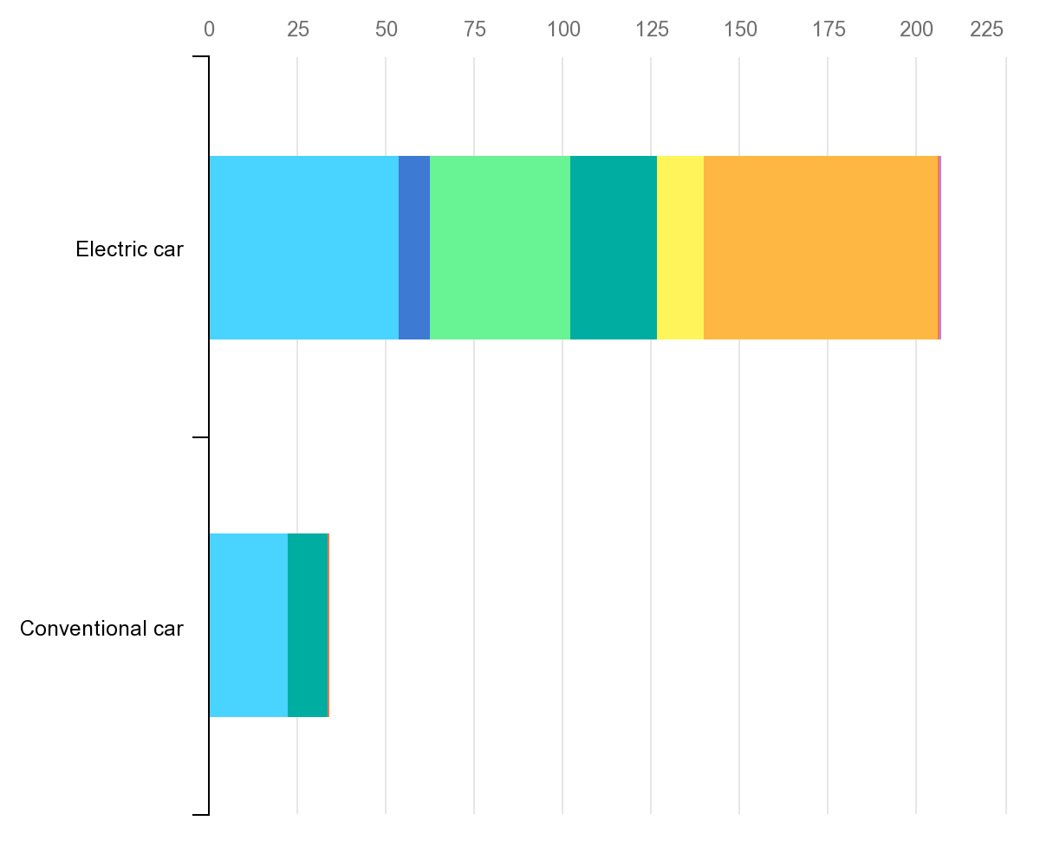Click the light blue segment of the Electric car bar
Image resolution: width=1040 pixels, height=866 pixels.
(303, 248)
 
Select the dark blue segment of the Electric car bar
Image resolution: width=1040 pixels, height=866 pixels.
(414, 248)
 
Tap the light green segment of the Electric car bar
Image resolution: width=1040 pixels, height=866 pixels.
(500, 248)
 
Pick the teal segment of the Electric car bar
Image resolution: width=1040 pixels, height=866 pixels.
(614, 248)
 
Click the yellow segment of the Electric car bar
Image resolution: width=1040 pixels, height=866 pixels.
(680, 248)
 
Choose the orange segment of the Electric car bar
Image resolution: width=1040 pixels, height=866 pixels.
(821, 248)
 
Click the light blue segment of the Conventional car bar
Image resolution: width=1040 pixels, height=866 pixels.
(248, 625)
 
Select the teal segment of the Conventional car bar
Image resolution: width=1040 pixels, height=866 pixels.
(308, 625)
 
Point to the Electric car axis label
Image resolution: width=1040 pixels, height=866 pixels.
(130, 249)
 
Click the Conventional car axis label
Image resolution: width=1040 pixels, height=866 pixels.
(101, 629)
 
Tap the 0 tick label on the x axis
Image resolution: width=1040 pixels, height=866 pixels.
(209, 29)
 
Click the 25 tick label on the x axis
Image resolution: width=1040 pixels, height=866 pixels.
(297, 29)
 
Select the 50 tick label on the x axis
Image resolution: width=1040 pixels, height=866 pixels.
(386, 29)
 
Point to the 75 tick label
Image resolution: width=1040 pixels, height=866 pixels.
(474, 29)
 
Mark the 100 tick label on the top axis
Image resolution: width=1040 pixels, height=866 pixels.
(563, 29)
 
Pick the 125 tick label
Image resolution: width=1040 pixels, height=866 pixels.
(652, 29)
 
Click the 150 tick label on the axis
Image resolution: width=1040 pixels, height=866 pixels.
(740, 29)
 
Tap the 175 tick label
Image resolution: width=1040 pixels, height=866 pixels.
(829, 29)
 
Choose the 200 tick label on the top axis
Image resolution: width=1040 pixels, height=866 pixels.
(916, 29)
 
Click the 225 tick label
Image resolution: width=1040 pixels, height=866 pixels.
(986, 29)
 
